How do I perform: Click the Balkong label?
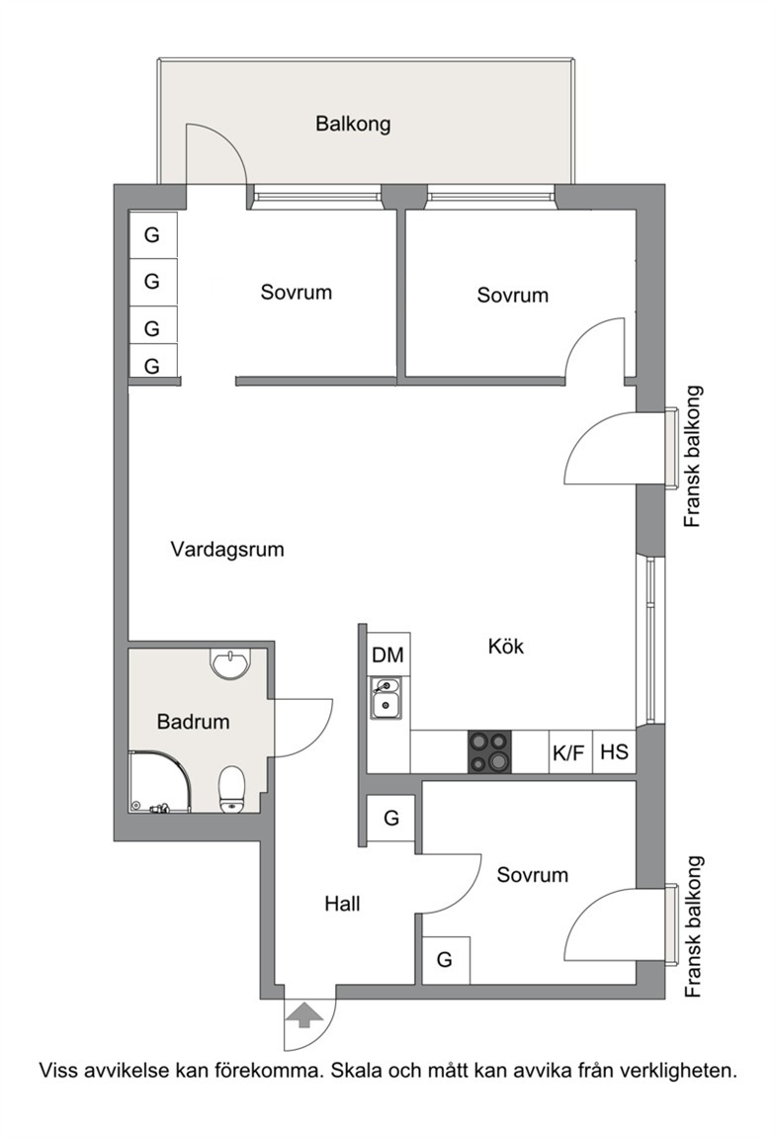[x=353, y=124]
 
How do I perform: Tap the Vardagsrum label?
[x=227, y=549]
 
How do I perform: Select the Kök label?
[x=505, y=646]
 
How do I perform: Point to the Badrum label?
[x=193, y=722]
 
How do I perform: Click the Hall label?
[x=342, y=904]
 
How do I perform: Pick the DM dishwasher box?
[x=388, y=655]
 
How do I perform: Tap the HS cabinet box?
[x=615, y=751]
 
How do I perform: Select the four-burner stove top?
[x=489, y=751]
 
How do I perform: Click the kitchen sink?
[x=386, y=698]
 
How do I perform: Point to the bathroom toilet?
[x=232, y=789]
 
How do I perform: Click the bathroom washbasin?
[x=229, y=661]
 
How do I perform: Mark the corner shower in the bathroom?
[x=160, y=782]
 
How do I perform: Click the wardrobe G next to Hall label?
[x=390, y=819]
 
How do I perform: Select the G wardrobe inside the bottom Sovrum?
[x=445, y=960]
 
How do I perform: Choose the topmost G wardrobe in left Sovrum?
[x=152, y=234]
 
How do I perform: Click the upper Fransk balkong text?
[x=694, y=457]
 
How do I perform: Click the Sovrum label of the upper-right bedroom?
[x=512, y=295]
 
